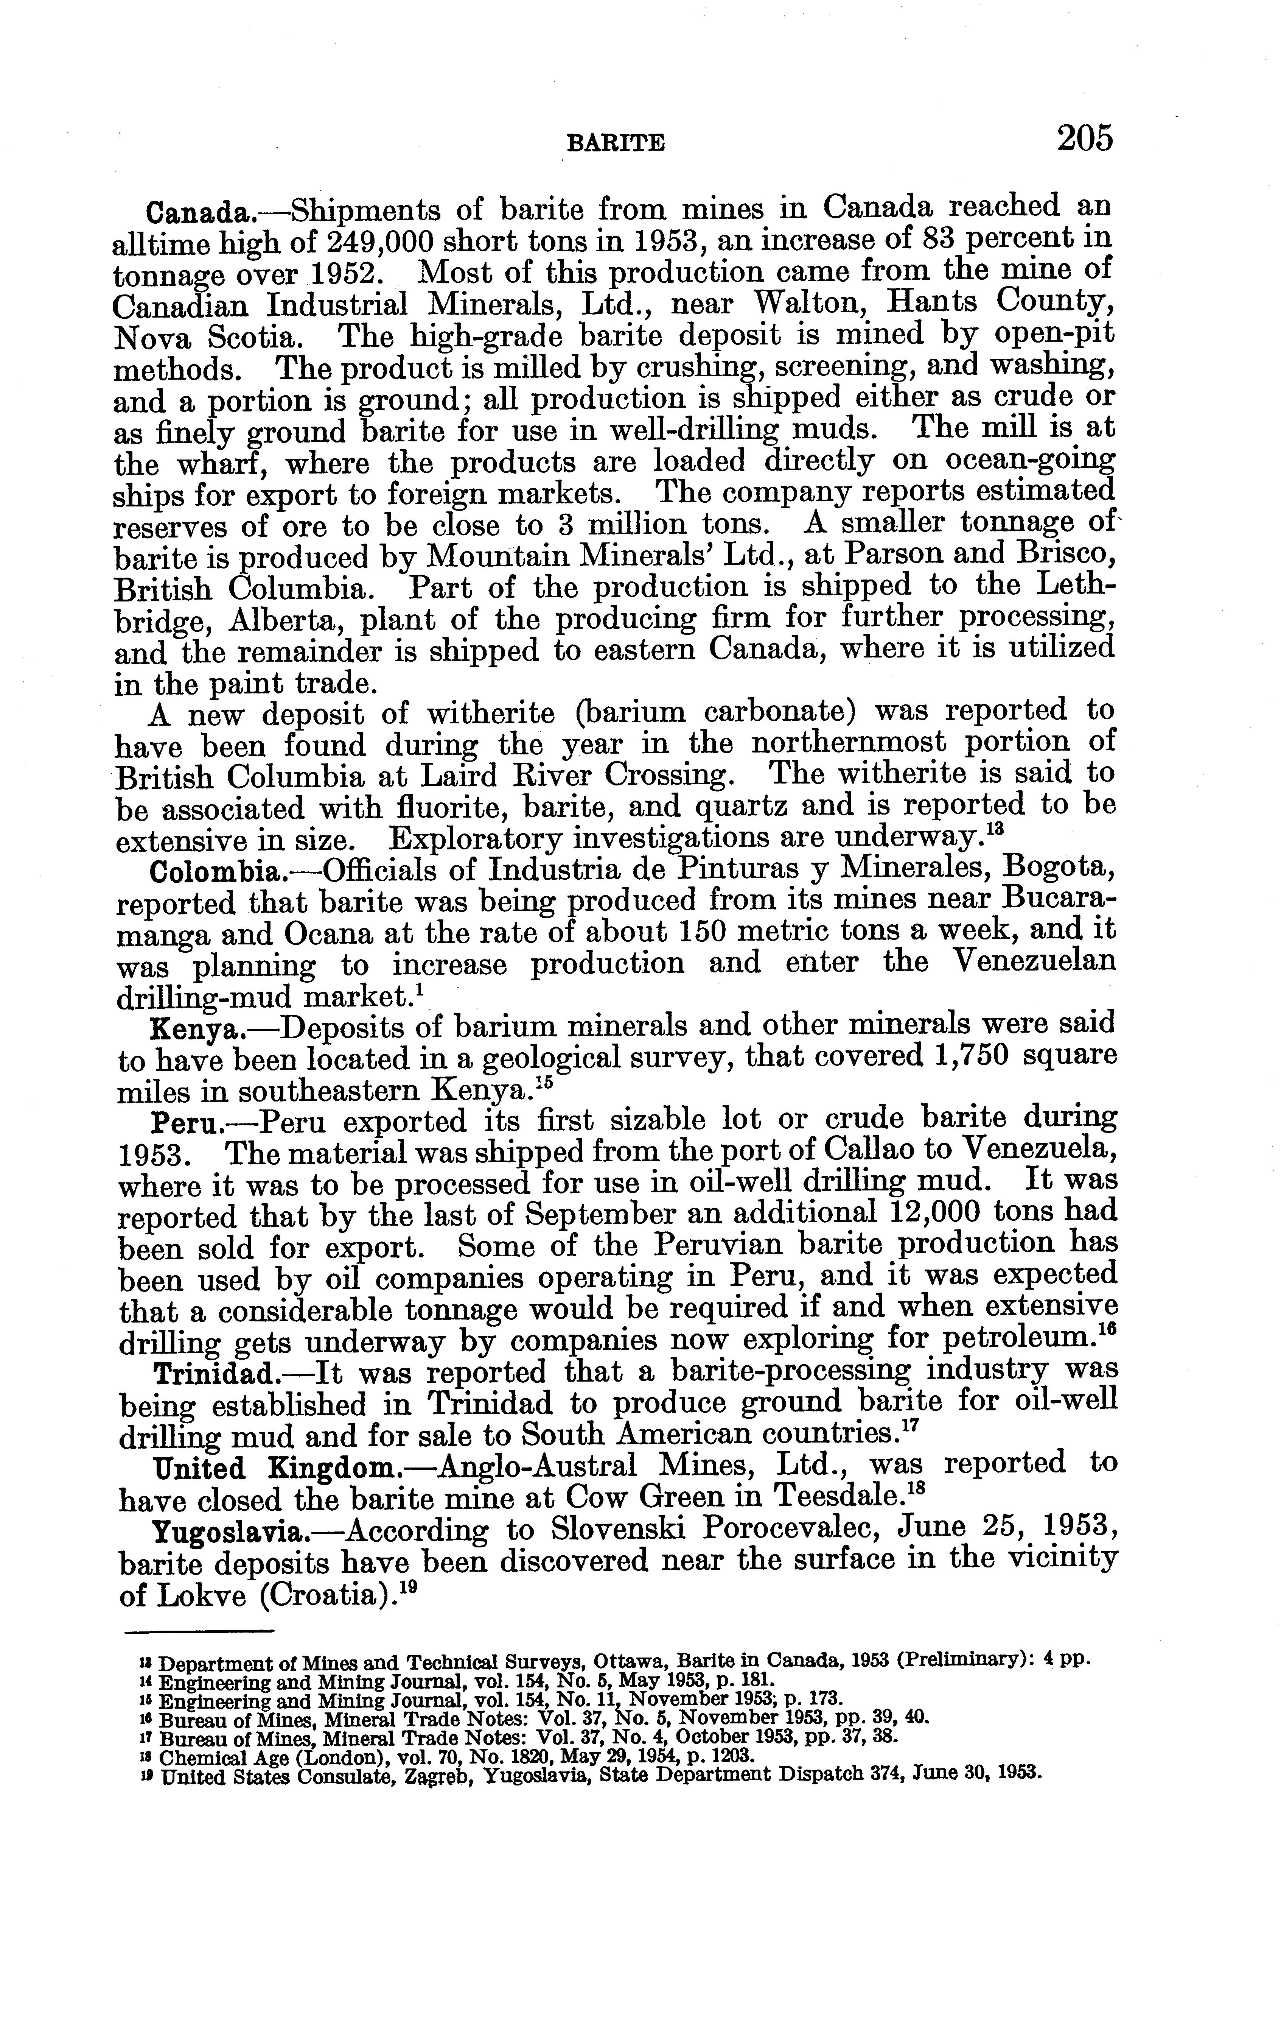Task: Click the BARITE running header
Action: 615,144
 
